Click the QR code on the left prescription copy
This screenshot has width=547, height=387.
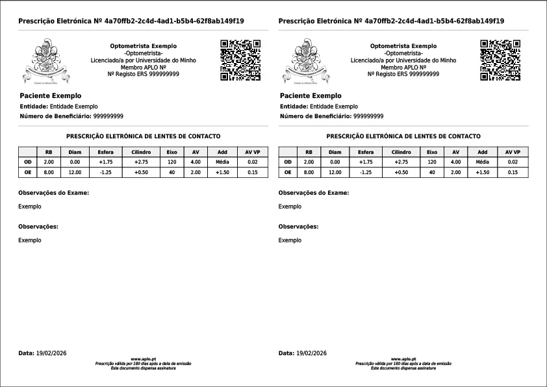point(240,60)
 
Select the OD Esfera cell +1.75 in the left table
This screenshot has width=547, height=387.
point(106,162)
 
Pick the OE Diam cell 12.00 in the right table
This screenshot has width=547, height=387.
point(335,172)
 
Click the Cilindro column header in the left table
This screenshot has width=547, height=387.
point(141,151)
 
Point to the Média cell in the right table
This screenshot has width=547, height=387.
point(482,162)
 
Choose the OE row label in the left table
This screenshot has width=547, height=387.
point(27,172)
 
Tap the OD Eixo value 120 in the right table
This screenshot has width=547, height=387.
point(431,162)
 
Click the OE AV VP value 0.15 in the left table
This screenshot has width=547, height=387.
point(253,172)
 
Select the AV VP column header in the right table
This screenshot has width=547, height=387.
point(513,151)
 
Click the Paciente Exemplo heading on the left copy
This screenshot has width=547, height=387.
point(51,95)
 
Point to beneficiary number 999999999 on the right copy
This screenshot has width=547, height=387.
point(368,116)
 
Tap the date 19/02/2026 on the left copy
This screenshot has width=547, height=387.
point(51,353)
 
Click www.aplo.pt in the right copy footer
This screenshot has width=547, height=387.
point(403,358)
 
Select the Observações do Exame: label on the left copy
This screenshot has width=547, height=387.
point(54,193)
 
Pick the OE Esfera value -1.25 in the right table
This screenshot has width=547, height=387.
point(366,172)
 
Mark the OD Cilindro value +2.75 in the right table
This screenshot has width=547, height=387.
point(401,162)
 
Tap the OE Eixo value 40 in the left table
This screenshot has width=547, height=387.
point(172,172)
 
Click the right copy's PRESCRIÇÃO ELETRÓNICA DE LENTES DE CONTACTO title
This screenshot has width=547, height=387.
point(403,136)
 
